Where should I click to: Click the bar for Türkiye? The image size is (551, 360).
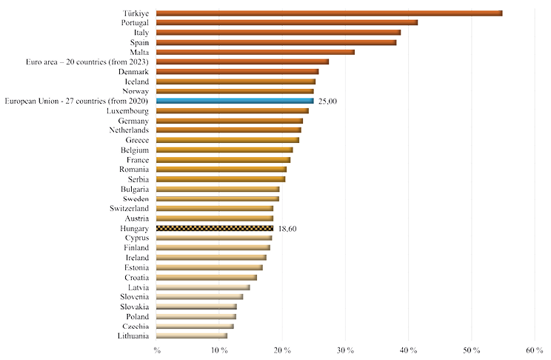[x=330, y=13]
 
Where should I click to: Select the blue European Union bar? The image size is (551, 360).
[x=236, y=101]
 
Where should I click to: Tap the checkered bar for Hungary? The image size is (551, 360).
[x=216, y=228]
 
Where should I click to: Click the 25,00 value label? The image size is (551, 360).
[x=328, y=101]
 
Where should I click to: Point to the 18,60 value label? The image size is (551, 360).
[x=288, y=229]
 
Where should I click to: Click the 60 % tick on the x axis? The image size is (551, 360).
[x=533, y=350]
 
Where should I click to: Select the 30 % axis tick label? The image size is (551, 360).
[x=344, y=350]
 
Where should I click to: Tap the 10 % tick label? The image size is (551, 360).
[x=218, y=350]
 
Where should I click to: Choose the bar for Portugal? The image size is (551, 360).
[x=287, y=23]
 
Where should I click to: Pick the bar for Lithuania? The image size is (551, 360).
[x=192, y=336]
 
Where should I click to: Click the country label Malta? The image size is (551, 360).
[x=138, y=52]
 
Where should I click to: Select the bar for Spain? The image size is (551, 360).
[x=277, y=42]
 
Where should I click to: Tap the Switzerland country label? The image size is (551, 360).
[x=128, y=209]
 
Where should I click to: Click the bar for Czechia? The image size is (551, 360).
[x=196, y=326]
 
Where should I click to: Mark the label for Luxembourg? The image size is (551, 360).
[x=127, y=111]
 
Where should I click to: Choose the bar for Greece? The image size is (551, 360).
[x=228, y=140]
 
